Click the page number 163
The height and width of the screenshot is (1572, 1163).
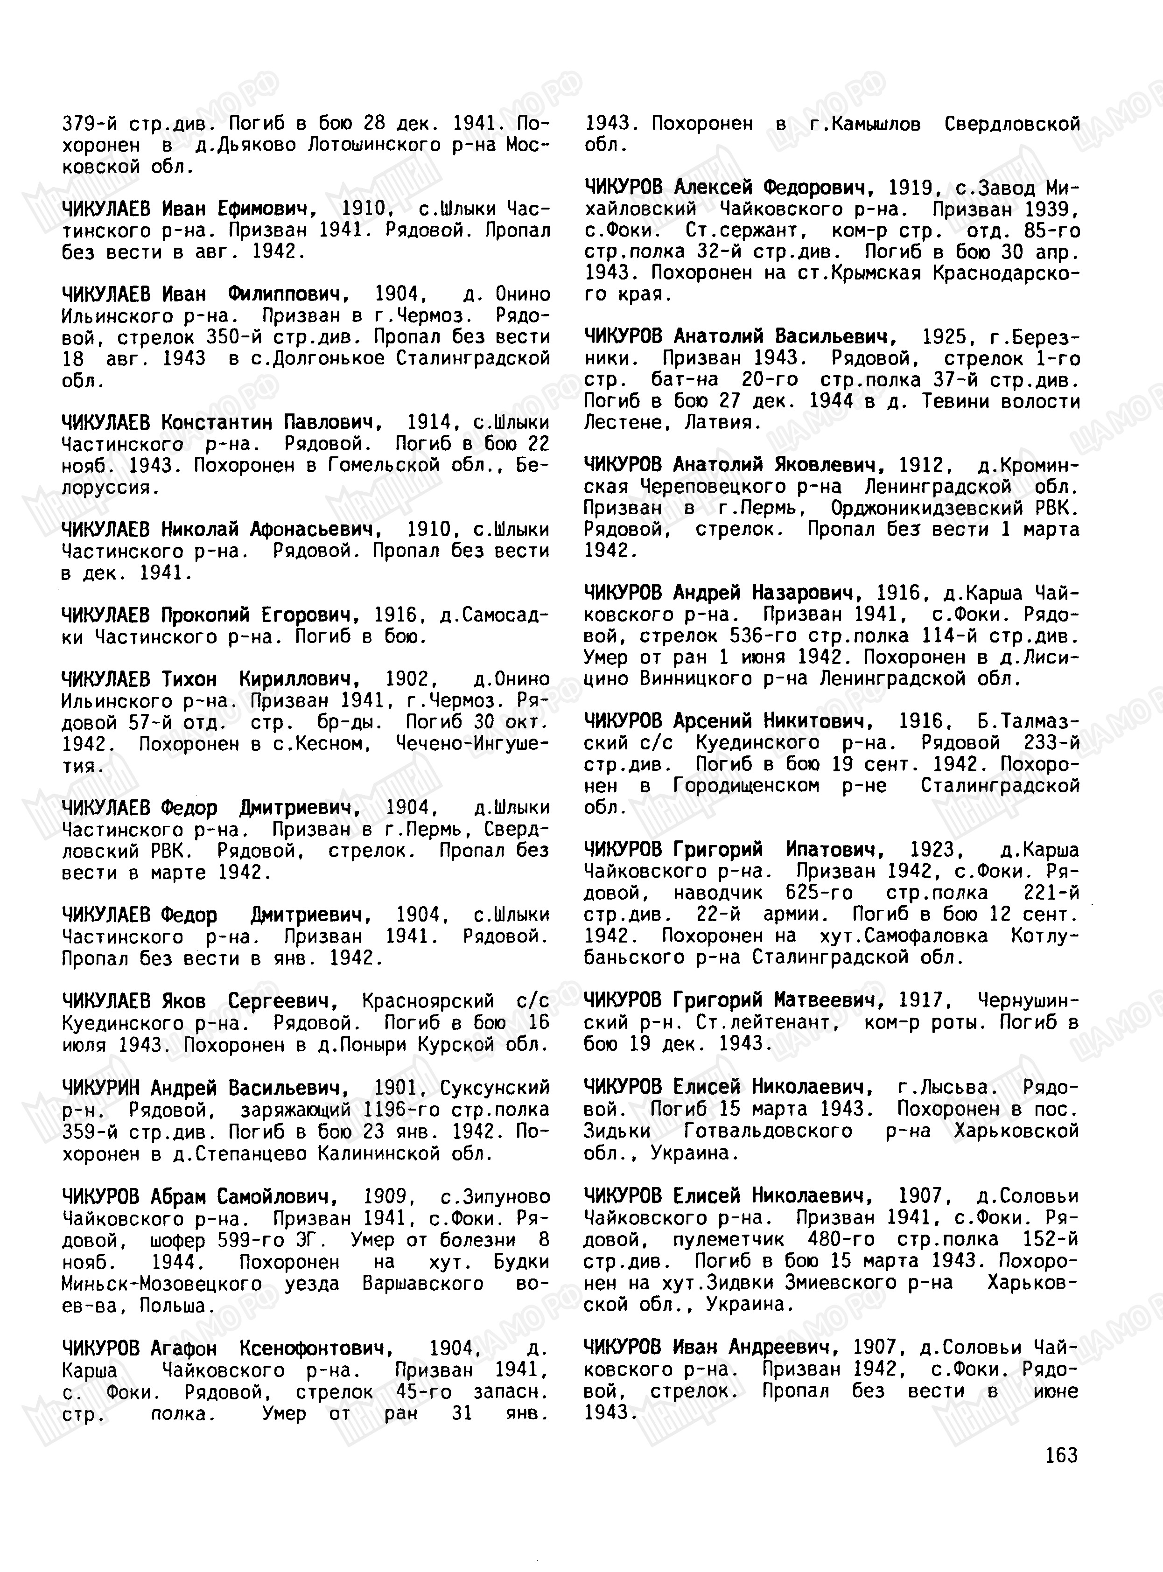point(1062,1454)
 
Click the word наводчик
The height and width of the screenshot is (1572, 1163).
point(717,894)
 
